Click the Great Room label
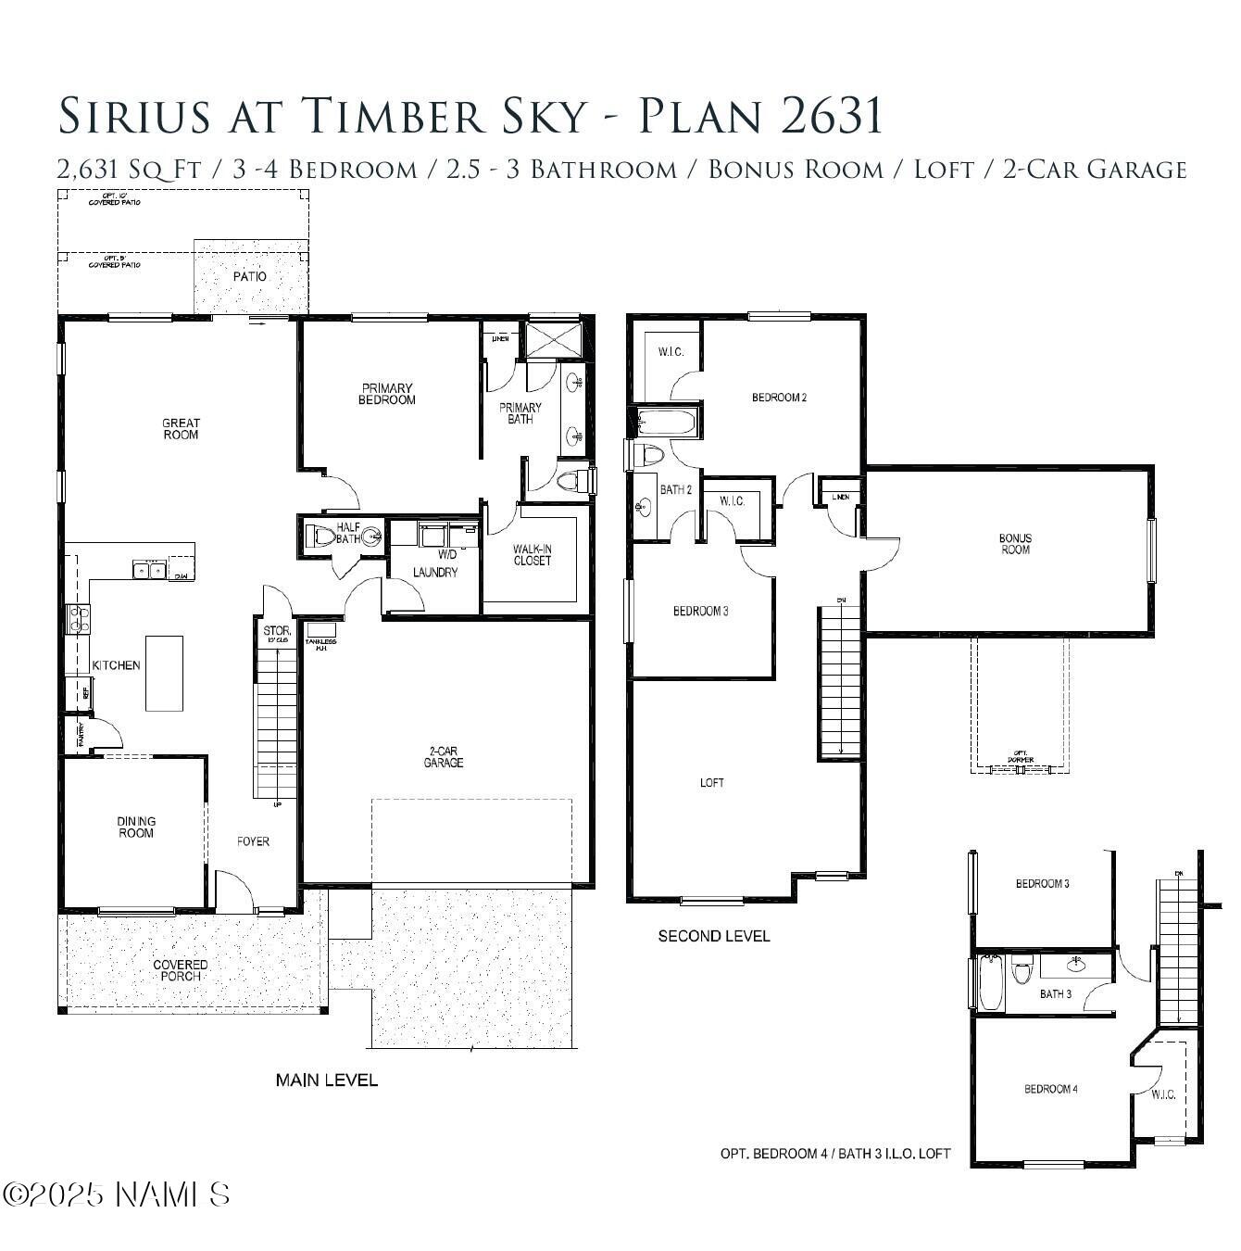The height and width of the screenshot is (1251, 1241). click(x=181, y=428)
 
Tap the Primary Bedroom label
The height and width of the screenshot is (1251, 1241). click(x=387, y=394)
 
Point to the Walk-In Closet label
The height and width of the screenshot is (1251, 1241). click(x=532, y=555)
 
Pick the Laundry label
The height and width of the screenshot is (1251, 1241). click(x=435, y=572)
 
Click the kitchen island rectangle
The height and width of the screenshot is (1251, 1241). click(x=164, y=673)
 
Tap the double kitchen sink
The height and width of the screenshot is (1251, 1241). click(x=148, y=570)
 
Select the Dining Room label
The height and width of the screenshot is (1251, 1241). click(x=136, y=827)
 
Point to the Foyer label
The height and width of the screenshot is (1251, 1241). click(x=253, y=841)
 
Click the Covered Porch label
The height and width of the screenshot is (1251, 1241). click(x=181, y=969)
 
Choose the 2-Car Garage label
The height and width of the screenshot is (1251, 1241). click(x=444, y=756)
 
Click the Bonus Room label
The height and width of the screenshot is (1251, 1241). click(x=1015, y=543)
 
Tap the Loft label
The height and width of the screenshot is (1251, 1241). click(x=712, y=783)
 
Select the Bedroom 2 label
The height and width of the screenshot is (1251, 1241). click(x=779, y=398)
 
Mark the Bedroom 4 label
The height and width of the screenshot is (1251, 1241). click(x=1050, y=1089)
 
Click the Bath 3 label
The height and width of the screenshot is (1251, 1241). click(x=1056, y=994)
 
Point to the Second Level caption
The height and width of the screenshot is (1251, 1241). click(x=713, y=936)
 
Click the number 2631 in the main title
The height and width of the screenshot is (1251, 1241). click(x=832, y=116)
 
